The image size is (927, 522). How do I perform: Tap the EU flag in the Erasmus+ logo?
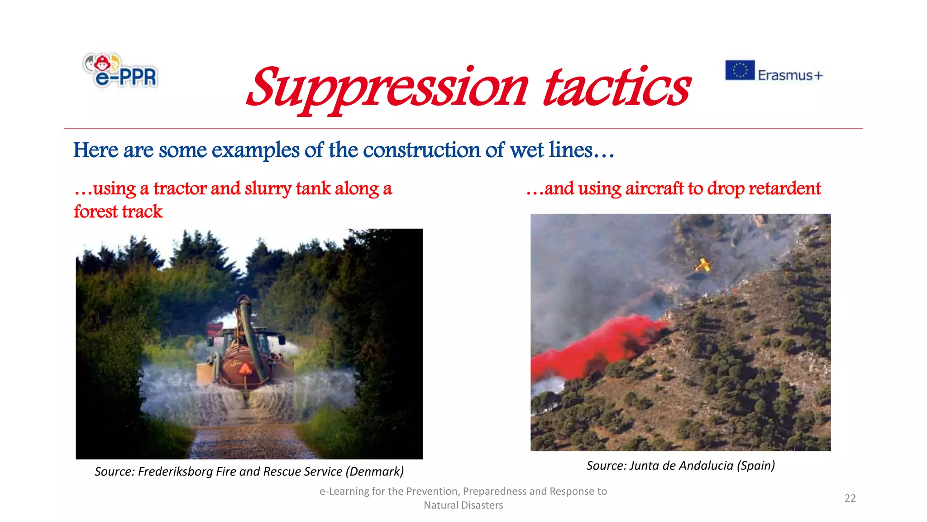(740, 70)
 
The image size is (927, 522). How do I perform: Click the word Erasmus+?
(790, 75)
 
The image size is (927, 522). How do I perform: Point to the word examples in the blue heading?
(255, 151)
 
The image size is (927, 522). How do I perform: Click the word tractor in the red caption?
(180, 189)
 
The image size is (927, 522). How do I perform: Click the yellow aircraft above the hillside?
(702, 265)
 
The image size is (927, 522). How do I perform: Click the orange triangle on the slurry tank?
(246, 368)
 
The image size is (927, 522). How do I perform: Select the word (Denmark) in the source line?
(375, 472)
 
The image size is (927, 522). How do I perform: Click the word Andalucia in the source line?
(706, 466)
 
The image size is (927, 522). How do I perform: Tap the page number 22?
(850, 498)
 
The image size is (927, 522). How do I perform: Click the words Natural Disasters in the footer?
(463, 505)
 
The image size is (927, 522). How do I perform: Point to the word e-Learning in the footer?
(344, 492)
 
